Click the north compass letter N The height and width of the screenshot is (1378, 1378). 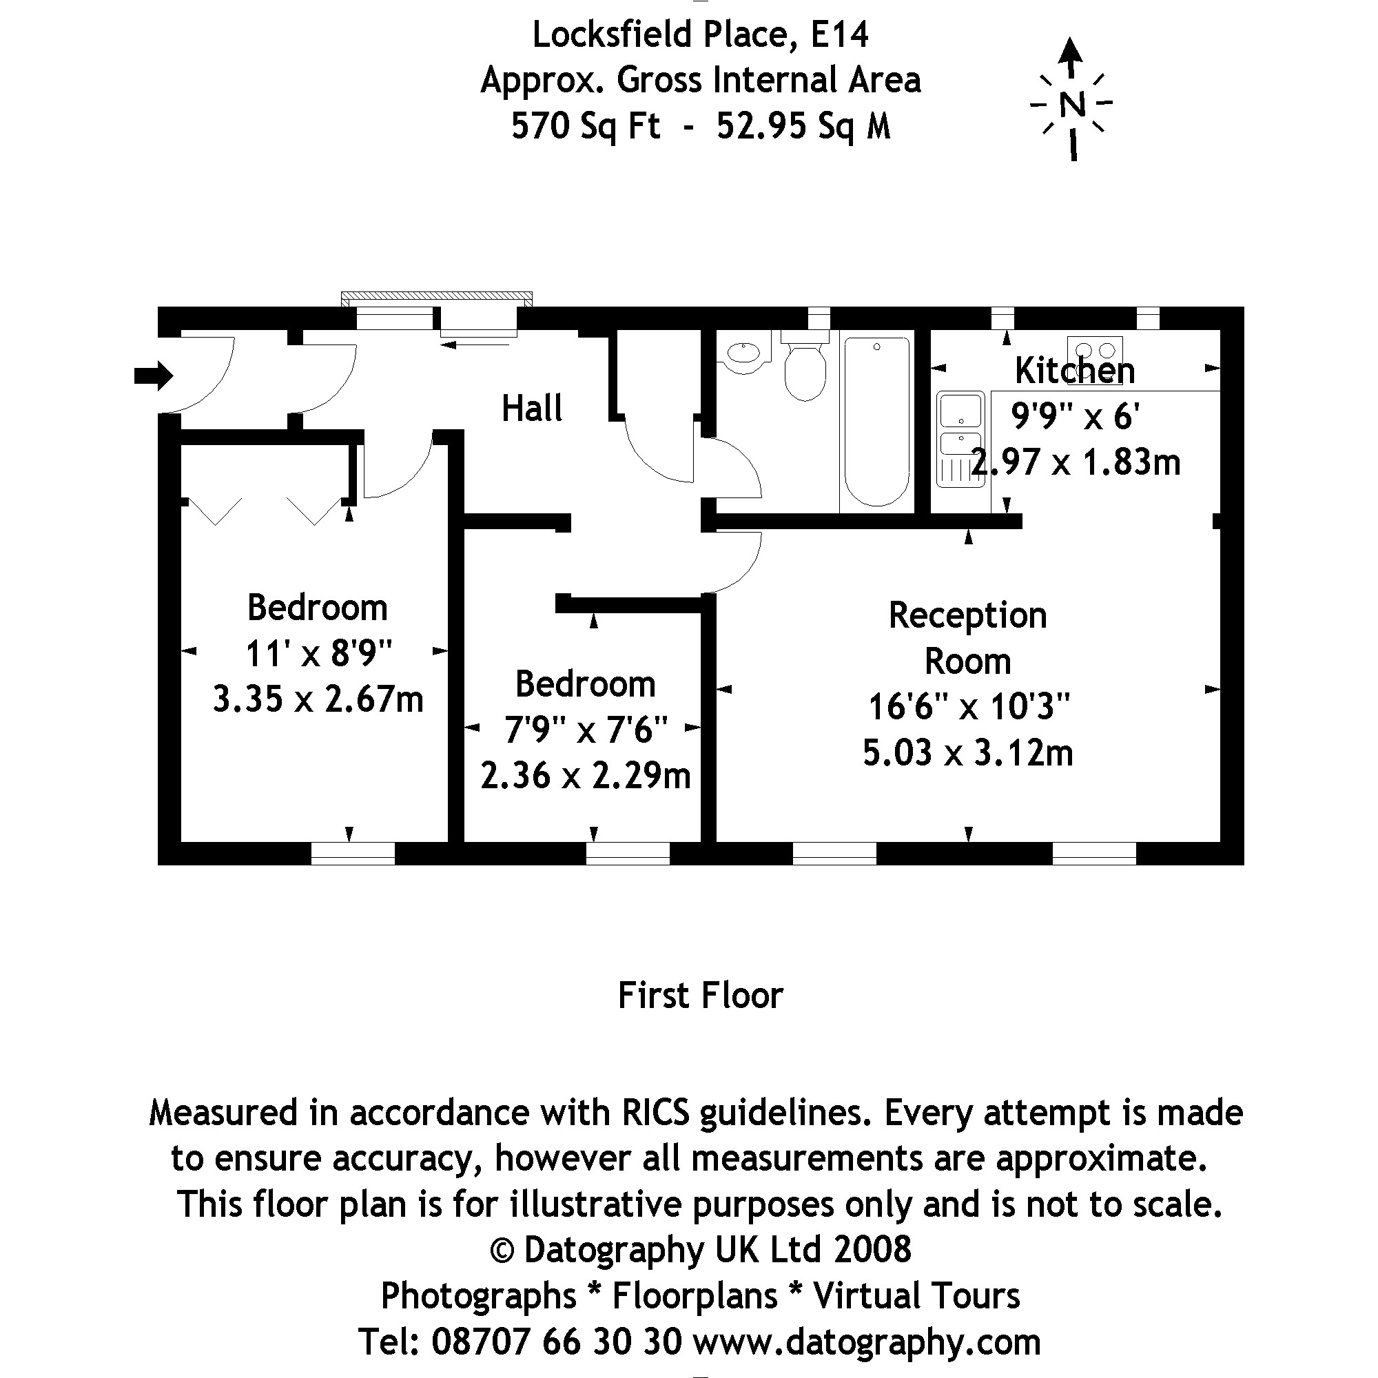click(x=1072, y=105)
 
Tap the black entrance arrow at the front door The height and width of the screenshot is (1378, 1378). click(x=154, y=376)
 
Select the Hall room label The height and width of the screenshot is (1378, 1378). click(x=531, y=409)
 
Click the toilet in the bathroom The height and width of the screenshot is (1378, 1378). click(x=805, y=367)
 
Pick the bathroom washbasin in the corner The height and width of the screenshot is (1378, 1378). click(x=745, y=354)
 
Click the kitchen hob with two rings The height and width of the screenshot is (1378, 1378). click(x=1095, y=350)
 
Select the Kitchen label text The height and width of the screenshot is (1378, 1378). click(x=1074, y=371)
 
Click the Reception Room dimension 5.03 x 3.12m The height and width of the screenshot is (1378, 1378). click(x=968, y=753)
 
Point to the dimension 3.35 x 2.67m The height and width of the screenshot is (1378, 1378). click(x=318, y=699)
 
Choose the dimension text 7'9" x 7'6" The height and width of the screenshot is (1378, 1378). click(x=586, y=730)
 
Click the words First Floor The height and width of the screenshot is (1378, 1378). click(x=701, y=996)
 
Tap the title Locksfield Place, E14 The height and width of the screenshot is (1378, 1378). click(x=701, y=34)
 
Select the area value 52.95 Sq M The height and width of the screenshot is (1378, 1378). click(x=804, y=126)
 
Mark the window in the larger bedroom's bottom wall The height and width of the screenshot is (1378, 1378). click(x=353, y=853)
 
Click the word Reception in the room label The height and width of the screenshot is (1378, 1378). click(x=967, y=615)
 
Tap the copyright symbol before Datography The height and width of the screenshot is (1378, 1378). click(x=502, y=1251)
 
